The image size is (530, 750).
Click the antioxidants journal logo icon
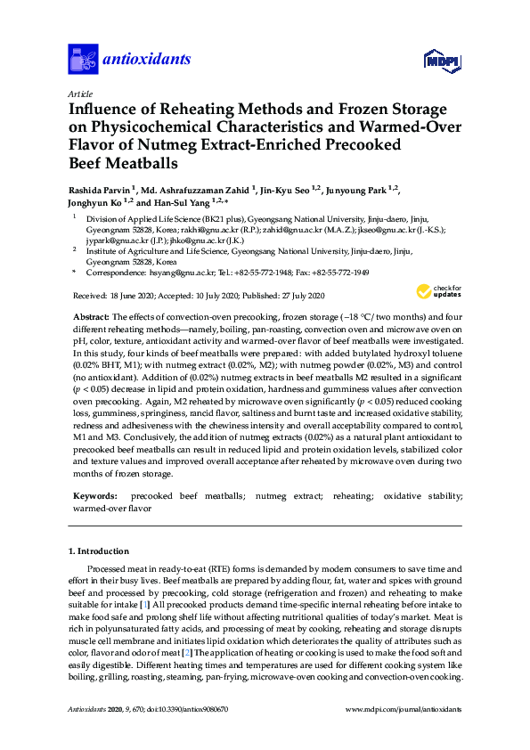[82, 59]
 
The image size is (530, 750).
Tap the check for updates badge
[439, 291]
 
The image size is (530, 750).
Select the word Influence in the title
[107, 109]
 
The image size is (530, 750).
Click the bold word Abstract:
[89, 318]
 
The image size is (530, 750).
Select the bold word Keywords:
[94, 494]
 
